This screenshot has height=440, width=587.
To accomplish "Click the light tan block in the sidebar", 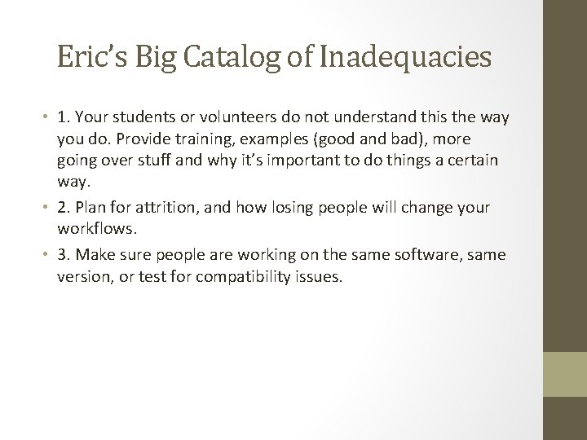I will coord(565,373).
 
